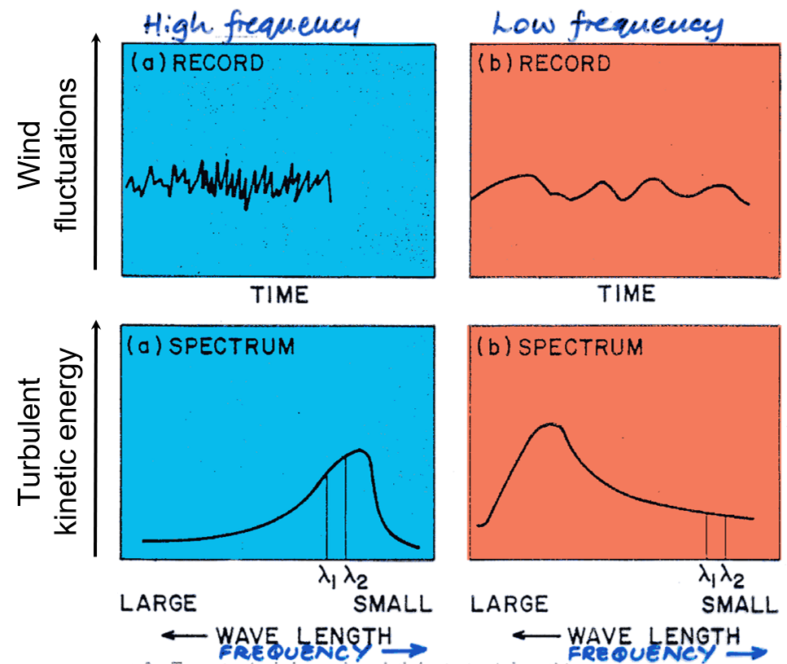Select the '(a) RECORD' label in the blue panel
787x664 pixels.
(195, 63)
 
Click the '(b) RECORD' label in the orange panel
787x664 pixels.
(542, 63)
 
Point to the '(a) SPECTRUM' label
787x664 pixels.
(210, 345)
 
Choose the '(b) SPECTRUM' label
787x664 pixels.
(558, 347)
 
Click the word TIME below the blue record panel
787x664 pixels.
(279, 294)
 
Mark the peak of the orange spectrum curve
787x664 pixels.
(551, 424)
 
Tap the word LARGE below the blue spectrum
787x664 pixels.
(159, 604)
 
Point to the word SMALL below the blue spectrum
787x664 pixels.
(391, 604)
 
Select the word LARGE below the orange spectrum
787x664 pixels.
(509, 604)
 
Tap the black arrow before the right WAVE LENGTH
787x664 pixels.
(534, 635)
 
